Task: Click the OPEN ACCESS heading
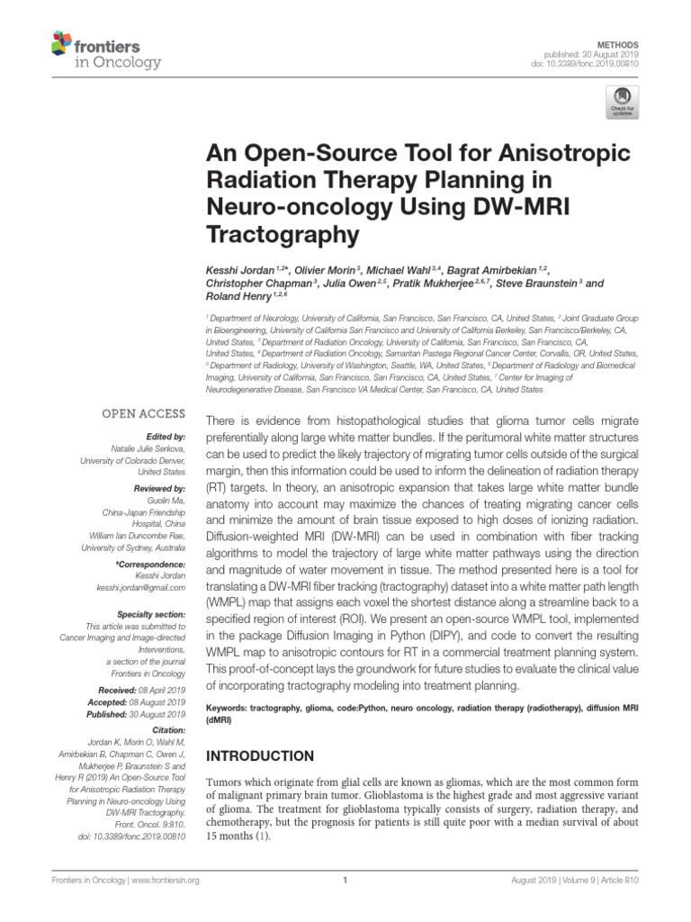point(143,414)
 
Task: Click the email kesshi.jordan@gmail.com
point(139,588)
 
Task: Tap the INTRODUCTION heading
point(260,756)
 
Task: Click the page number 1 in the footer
point(345,881)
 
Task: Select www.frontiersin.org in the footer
point(166,881)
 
